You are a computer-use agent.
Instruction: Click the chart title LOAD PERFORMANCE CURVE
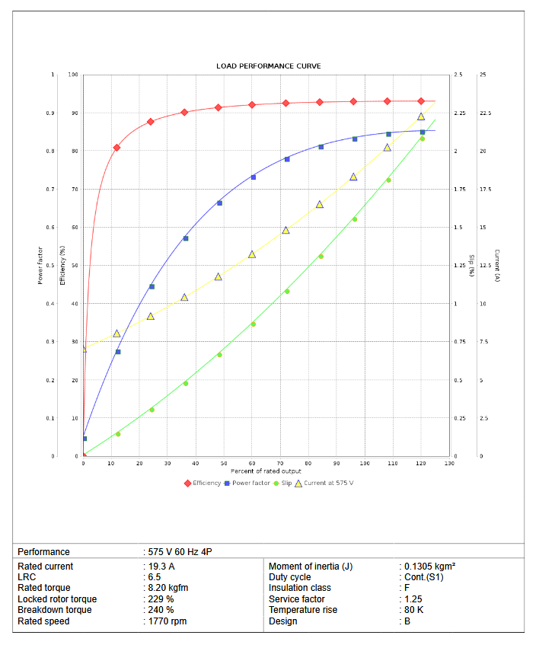268,66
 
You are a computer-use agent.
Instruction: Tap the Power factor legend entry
250,483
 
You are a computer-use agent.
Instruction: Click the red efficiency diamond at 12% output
116,148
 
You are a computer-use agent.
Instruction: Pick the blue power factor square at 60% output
254,177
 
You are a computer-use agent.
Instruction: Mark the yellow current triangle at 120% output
421,117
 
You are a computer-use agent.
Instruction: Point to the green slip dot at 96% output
354,219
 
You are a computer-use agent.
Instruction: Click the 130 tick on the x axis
449,464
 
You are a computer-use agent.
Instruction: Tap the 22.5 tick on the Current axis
485,113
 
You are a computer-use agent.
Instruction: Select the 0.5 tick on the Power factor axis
53,266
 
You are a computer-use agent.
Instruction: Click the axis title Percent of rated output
266,471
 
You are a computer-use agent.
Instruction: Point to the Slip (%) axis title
471,265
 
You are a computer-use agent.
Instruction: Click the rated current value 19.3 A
161,567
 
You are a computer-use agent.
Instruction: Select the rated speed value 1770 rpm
166,621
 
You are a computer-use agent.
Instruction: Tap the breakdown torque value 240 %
161,610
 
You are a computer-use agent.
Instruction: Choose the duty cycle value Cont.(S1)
423,577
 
